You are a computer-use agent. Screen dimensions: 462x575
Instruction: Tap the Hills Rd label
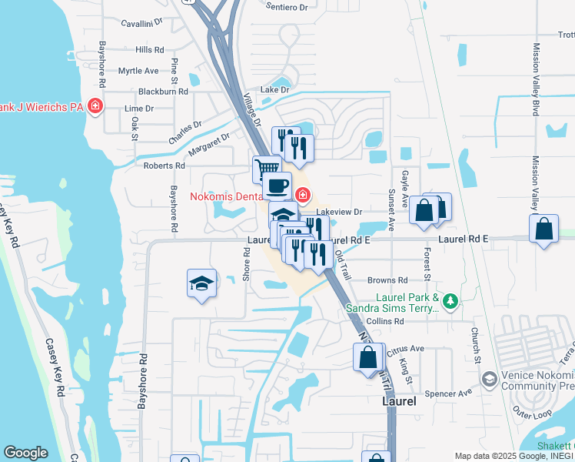150,49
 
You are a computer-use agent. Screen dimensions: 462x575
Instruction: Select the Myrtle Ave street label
138,71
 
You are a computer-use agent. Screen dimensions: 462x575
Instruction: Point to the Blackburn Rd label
163,91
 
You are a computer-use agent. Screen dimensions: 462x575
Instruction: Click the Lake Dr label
274,90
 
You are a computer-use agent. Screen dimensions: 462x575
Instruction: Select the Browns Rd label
387,281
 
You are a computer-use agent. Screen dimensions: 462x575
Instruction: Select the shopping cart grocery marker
266,167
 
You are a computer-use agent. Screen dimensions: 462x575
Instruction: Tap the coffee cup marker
278,185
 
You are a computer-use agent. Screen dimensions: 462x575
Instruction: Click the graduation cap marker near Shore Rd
201,283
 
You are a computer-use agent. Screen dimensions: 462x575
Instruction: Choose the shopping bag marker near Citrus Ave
368,357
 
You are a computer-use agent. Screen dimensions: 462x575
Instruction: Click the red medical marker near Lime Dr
95,105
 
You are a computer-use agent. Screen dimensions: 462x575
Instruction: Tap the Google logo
25,453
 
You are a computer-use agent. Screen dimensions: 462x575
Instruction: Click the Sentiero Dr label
285,7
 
